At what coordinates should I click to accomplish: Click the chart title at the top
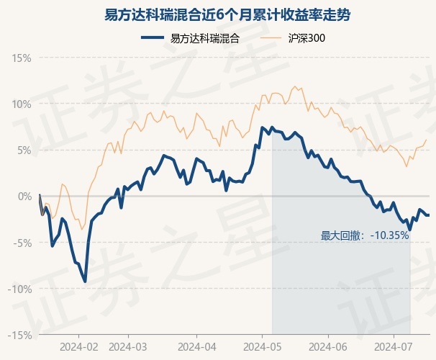click(x=218, y=14)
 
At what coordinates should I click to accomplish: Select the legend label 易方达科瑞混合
click(x=205, y=38)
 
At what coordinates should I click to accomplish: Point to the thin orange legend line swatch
click(x=273, y=38)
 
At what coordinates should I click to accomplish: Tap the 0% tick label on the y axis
click(x=24, y=196)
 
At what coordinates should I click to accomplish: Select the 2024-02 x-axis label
click(x=78, y=347)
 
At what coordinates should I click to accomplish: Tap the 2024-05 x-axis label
click(x=262, y=347)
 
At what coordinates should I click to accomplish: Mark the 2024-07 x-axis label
click(x=394, y=347)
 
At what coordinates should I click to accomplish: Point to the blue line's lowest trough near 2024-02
click(x=86, y=282)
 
